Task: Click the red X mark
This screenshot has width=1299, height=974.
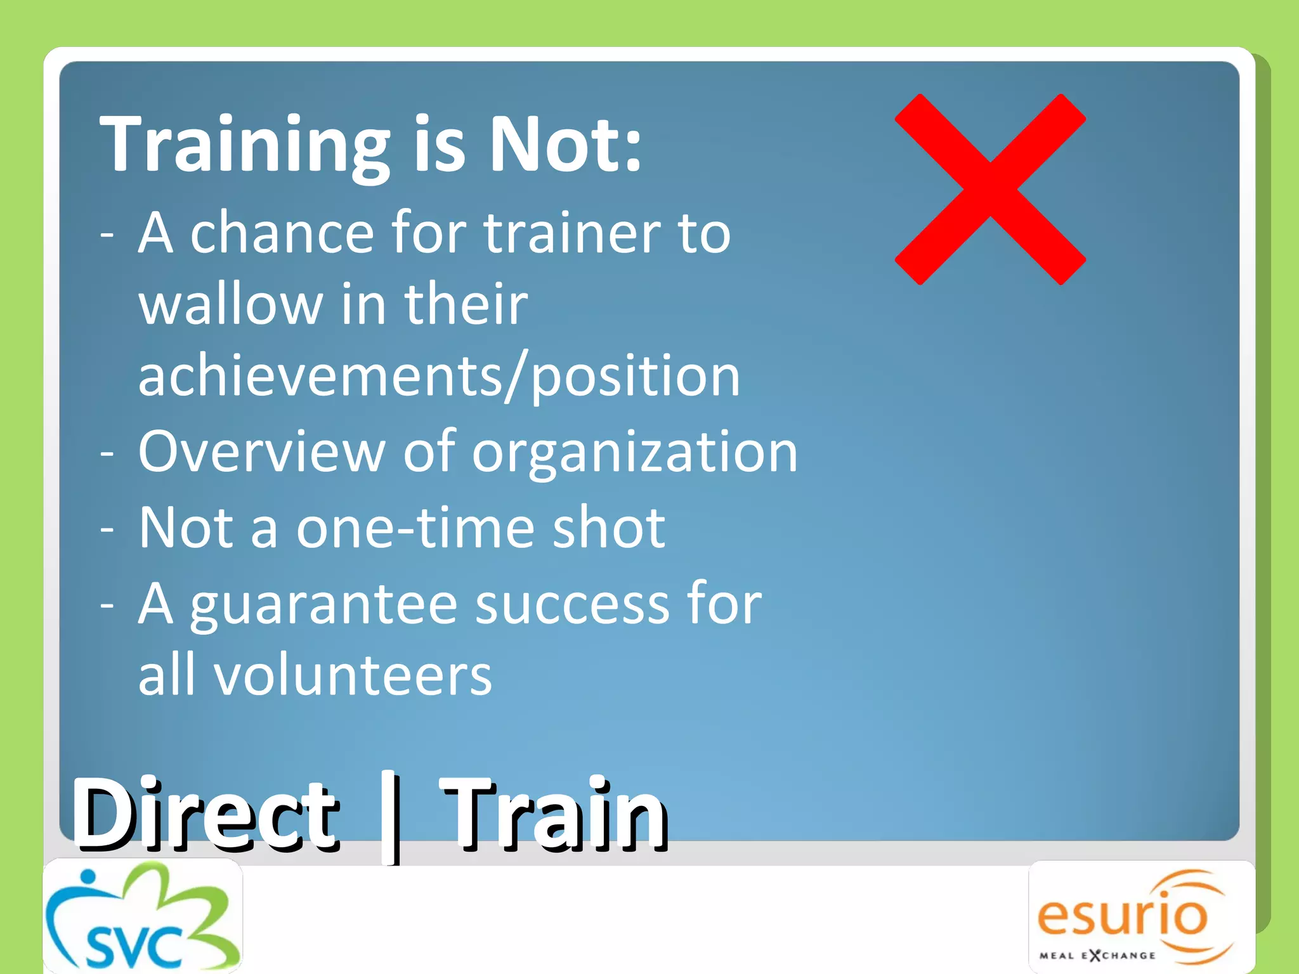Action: (x=990, y=189)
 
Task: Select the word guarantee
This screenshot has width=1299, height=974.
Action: (x=323, y=605)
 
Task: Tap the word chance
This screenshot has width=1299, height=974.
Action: (x=282, y=233)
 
